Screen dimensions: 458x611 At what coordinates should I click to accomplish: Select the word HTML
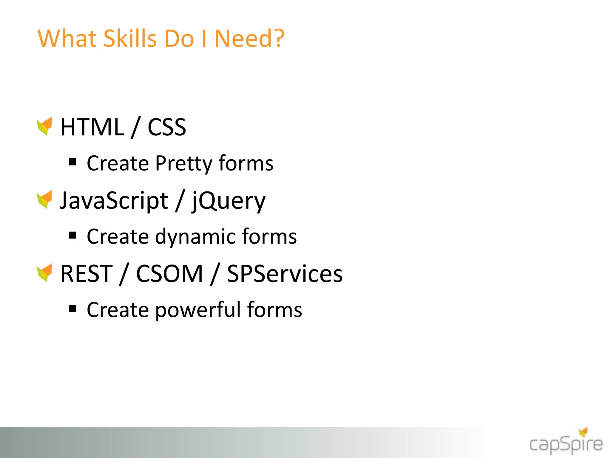pyautogui.click(x=92, y=127)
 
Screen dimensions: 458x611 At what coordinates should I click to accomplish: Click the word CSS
pyautogui.click(x=167, y=127)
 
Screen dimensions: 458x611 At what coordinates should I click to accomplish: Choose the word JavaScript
pyautogui.click(x=114, y=201)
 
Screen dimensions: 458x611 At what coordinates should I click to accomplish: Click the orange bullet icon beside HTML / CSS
pyautogui.click(x=45, y=126)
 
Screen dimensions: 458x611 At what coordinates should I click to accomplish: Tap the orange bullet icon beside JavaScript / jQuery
pyautogui.click(x=45, y=199)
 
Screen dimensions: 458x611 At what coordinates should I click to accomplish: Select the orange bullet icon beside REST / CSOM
pyautogui.click(x=45, y=273)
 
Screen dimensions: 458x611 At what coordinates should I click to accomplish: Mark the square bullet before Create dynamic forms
pyautogui.click(x=73, y=236)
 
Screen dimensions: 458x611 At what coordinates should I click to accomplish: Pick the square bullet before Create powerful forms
pyautogui.click(x=73, y=309)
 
